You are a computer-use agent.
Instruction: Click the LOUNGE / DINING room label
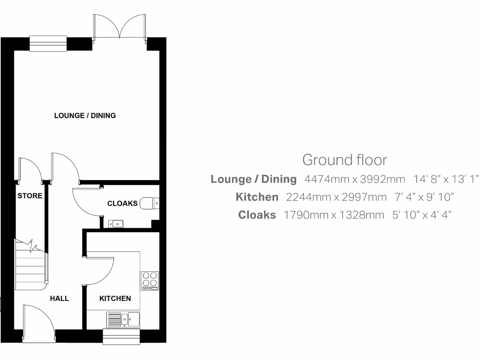coord(85,115)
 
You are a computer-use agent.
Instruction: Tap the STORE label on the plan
coord(30,196)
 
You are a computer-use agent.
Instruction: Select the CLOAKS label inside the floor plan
coord(122,203)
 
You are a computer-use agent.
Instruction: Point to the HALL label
coord(60,298)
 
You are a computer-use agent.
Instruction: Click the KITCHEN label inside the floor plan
coord(115,298)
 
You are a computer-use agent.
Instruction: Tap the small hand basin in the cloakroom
coord(115,224)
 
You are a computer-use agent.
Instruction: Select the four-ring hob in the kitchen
coord(150,280)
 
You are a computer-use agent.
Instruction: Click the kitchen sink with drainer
coord(124,319)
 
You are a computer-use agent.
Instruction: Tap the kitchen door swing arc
coord(99,270)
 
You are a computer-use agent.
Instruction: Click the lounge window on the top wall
coord(49,43)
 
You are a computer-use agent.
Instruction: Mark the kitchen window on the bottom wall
coord(122,336)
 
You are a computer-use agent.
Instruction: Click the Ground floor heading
coord(345,160)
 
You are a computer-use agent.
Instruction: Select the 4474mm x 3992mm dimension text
coord(354,179)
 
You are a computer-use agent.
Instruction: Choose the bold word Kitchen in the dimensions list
coord(257,197)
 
